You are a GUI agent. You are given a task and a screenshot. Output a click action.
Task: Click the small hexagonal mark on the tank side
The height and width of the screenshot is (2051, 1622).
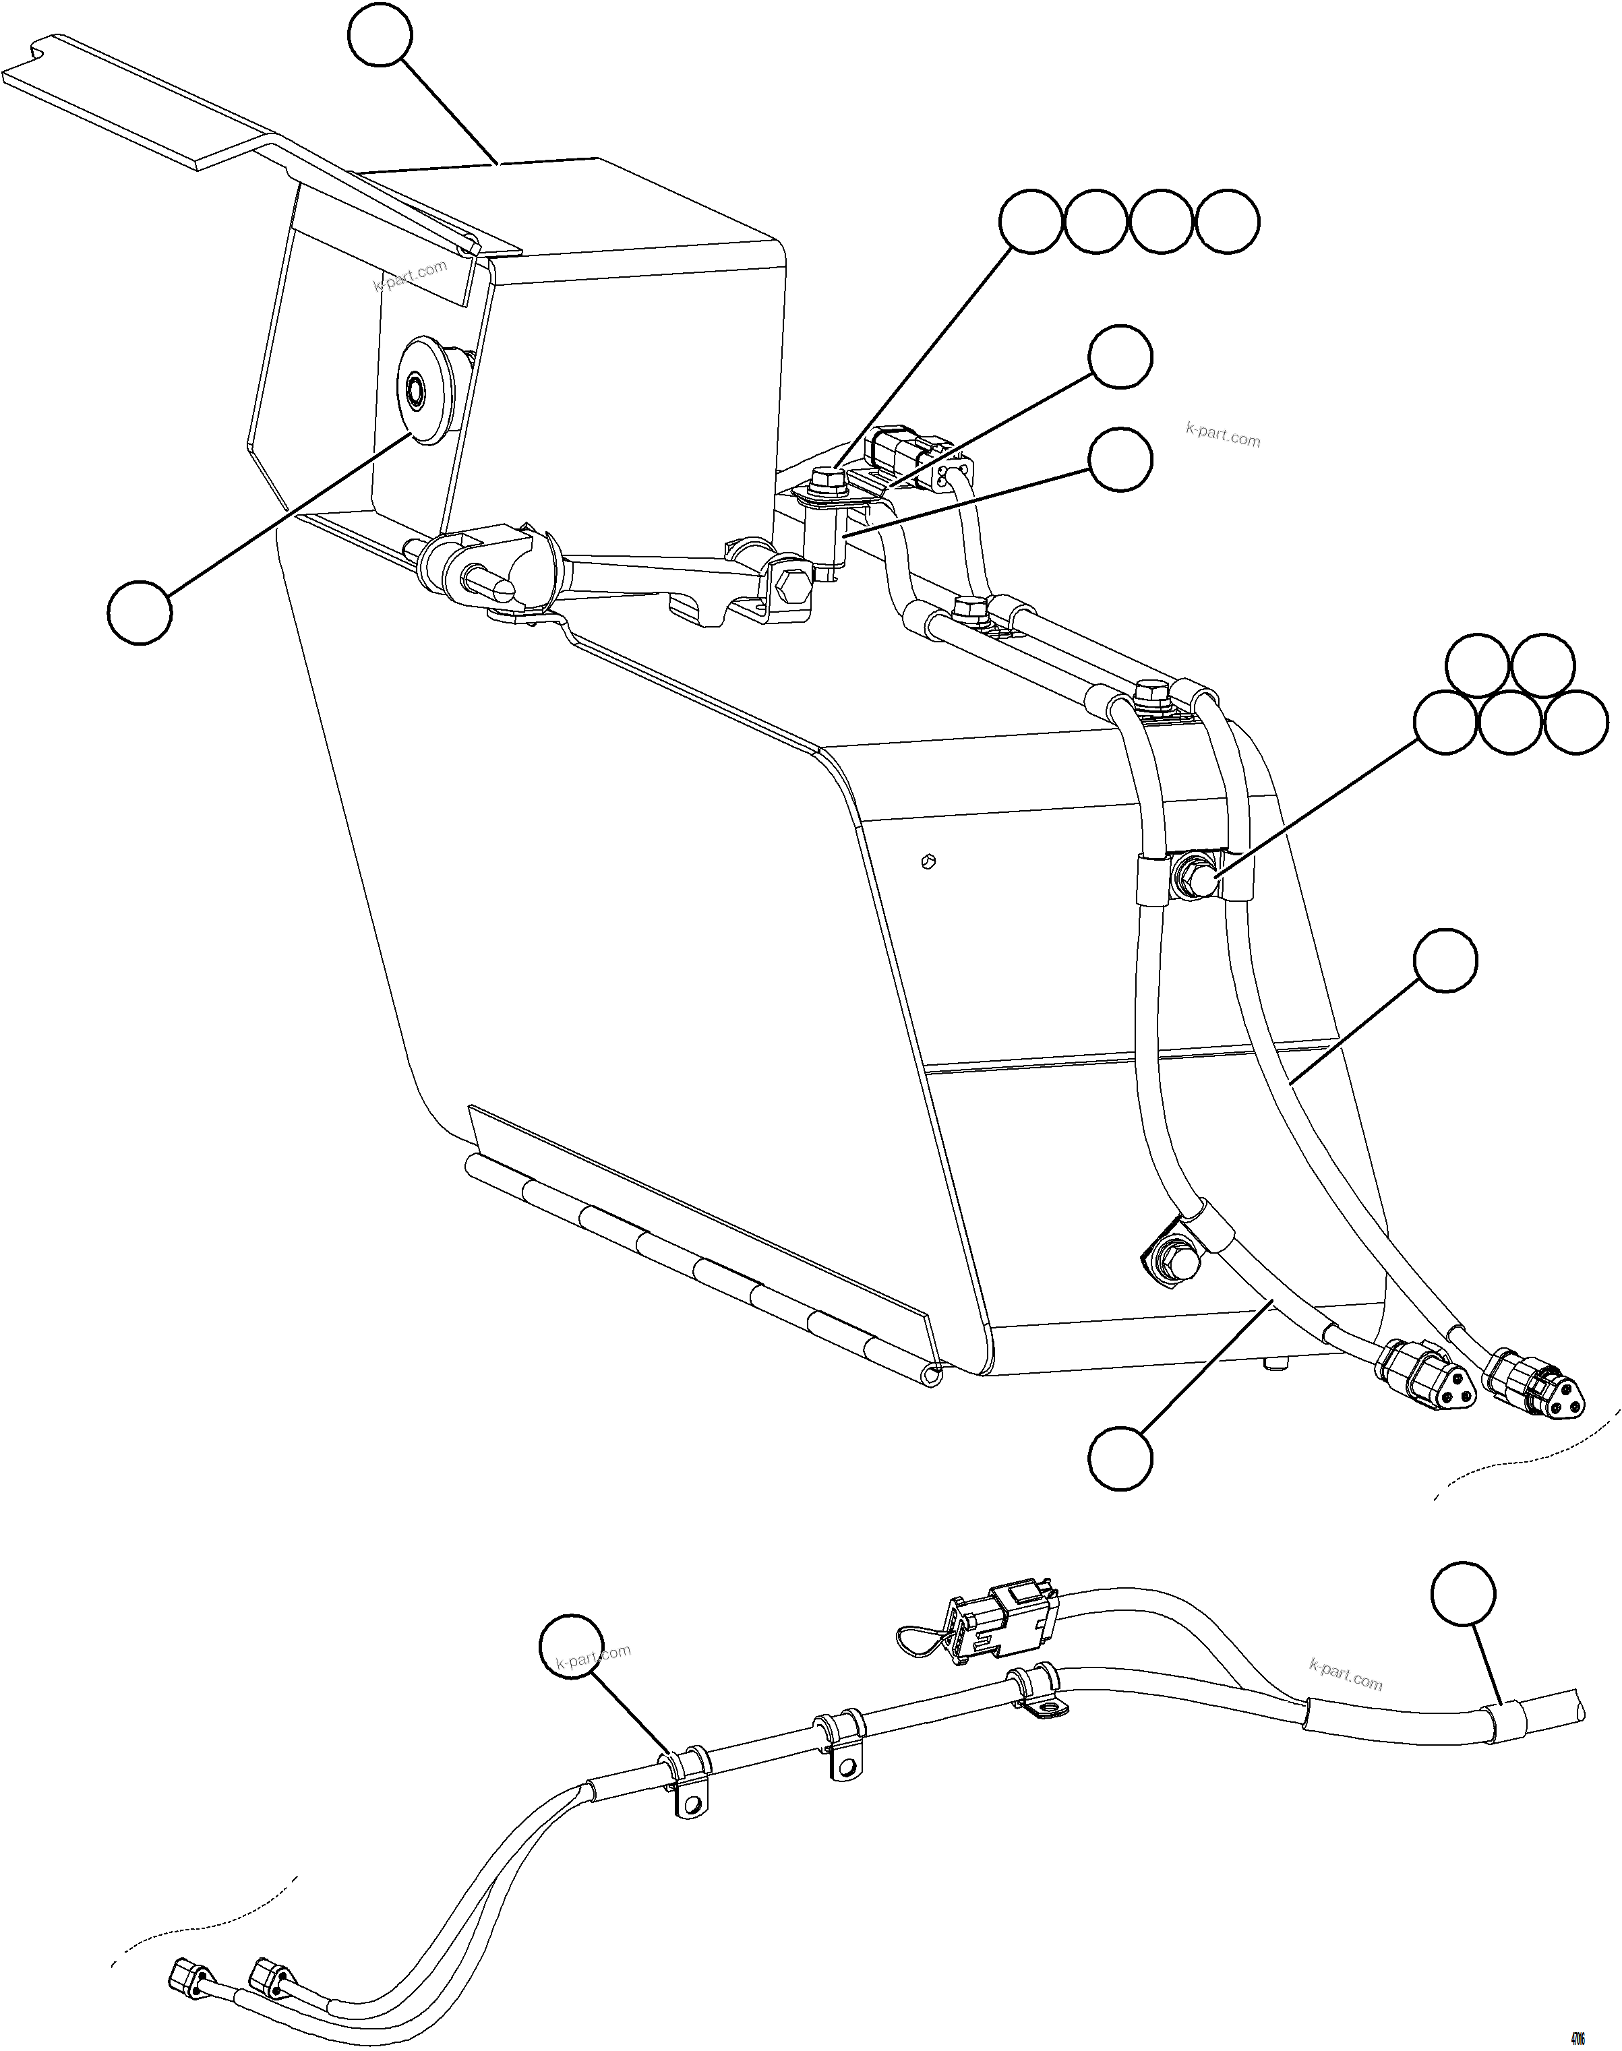tap(930, 861)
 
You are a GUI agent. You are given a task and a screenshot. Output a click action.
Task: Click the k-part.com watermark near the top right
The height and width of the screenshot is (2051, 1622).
tap(1222, 435)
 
